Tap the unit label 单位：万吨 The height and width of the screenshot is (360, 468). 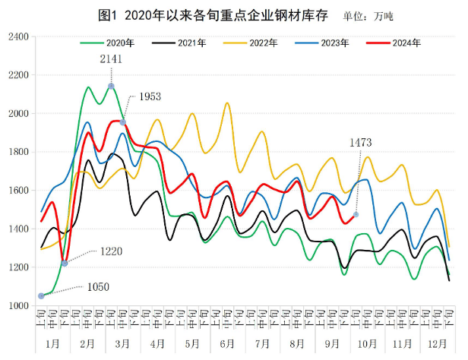[371, 14]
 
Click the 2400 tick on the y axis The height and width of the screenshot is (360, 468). [17, 36]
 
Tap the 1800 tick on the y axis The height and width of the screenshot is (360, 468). [17, 152]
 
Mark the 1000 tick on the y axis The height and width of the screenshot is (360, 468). [17, 305]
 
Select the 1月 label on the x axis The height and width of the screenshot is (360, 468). [53, 344]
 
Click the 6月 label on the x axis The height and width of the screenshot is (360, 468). [226, 344]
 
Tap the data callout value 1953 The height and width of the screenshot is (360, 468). [148, 97]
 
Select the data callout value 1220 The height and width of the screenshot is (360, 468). [110, 251]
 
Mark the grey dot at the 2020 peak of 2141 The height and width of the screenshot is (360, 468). [111, 86]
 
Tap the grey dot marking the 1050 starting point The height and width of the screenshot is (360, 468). [41, 296]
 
